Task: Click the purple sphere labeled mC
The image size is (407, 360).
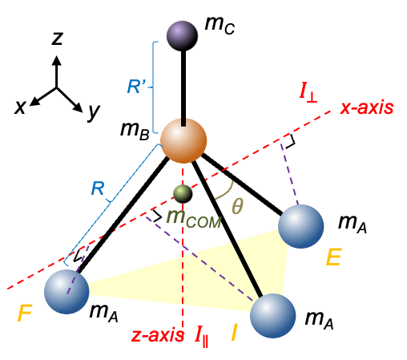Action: point(182,36)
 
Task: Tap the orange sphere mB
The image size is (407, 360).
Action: point(183,140)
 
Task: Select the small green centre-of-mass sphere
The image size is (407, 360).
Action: point(183,194)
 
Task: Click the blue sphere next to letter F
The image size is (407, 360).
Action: point(66,292)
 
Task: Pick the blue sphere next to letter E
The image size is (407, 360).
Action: point(301,226)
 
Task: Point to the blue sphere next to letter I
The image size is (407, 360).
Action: point(273,315)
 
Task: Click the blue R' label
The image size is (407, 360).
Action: point(136,87)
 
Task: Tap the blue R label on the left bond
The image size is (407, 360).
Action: point(98,188)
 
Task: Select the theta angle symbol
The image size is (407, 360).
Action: point(237,206)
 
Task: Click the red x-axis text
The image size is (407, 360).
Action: point(367,108)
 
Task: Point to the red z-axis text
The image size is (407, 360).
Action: point(158,335)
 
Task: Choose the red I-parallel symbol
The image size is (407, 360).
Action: point(201,337)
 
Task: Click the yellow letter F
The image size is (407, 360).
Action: point(25,313)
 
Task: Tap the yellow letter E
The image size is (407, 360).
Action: point(334,257)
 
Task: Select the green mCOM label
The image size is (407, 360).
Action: point(194,218)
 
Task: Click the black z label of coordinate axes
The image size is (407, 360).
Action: point(57,38)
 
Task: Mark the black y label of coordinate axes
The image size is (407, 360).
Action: point(94,111)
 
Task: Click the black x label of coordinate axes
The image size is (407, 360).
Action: point(20,107)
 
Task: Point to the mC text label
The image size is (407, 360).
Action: point(220,26)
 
